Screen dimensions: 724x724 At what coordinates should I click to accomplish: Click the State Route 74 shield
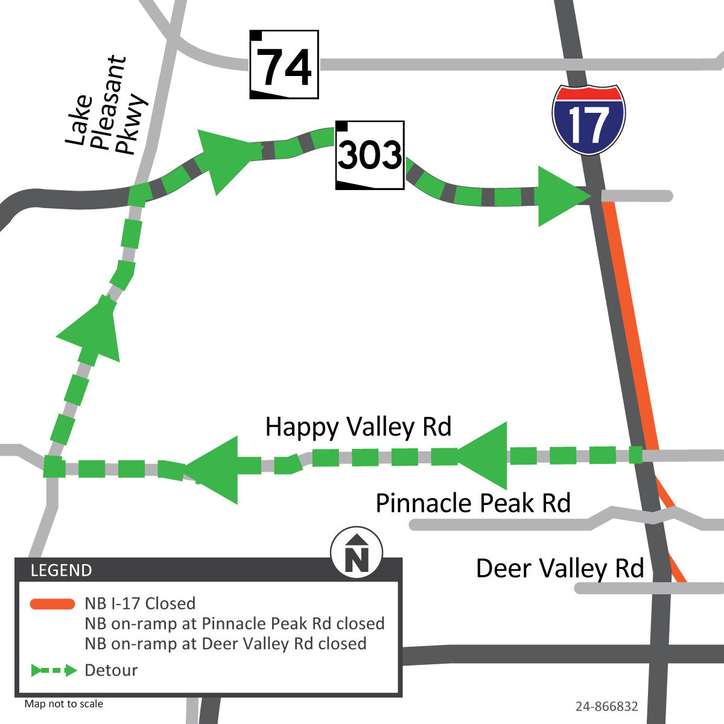tap(284, 65)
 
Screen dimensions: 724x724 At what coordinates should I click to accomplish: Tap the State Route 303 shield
tap(370, 155)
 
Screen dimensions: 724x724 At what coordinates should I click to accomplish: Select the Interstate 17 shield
tap(588, 119)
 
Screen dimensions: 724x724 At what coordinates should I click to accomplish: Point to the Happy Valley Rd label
tap(358, 427)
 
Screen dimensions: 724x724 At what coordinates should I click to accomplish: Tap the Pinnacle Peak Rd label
tap(473, 503)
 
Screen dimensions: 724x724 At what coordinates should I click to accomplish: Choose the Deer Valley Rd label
tap(560, 568)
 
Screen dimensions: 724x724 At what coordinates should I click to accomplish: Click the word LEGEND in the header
tap(62, 570)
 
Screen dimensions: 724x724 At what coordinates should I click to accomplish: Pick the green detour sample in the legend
tap(54, 670)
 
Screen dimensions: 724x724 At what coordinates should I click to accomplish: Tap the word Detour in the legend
tap(112, 670)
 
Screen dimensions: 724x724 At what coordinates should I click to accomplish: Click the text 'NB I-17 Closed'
tap(140, 603)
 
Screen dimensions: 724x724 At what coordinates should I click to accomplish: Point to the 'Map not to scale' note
tap(64, 704)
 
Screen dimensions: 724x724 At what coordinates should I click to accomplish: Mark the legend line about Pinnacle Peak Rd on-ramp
tap(234, 623)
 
